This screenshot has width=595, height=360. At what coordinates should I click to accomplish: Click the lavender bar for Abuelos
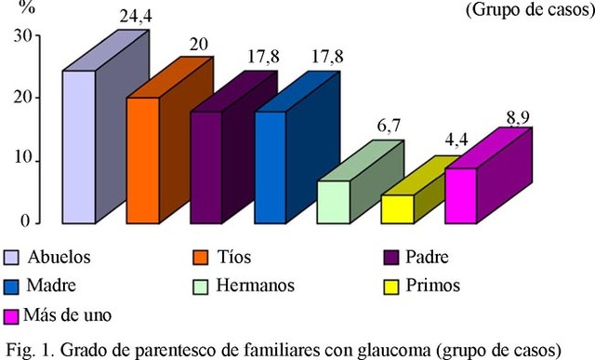tap(78, 146)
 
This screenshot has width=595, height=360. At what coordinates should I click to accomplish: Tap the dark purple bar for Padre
tap(205, 167)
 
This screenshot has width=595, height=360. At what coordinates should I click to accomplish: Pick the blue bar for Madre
tap(270, 167)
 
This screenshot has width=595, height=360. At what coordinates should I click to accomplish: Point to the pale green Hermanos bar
tap(333, 202)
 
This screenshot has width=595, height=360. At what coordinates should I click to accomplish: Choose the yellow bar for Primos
tap(397, 208)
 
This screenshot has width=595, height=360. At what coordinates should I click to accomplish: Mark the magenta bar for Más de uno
tap(461, 195)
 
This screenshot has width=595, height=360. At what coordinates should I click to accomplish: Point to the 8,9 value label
tap(517, 117)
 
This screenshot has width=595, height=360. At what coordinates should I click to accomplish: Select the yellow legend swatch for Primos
tap(392, 285)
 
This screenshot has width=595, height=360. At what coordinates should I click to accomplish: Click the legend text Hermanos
tap(253, 285)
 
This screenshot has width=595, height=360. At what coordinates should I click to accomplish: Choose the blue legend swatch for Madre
tap(12, 285)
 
